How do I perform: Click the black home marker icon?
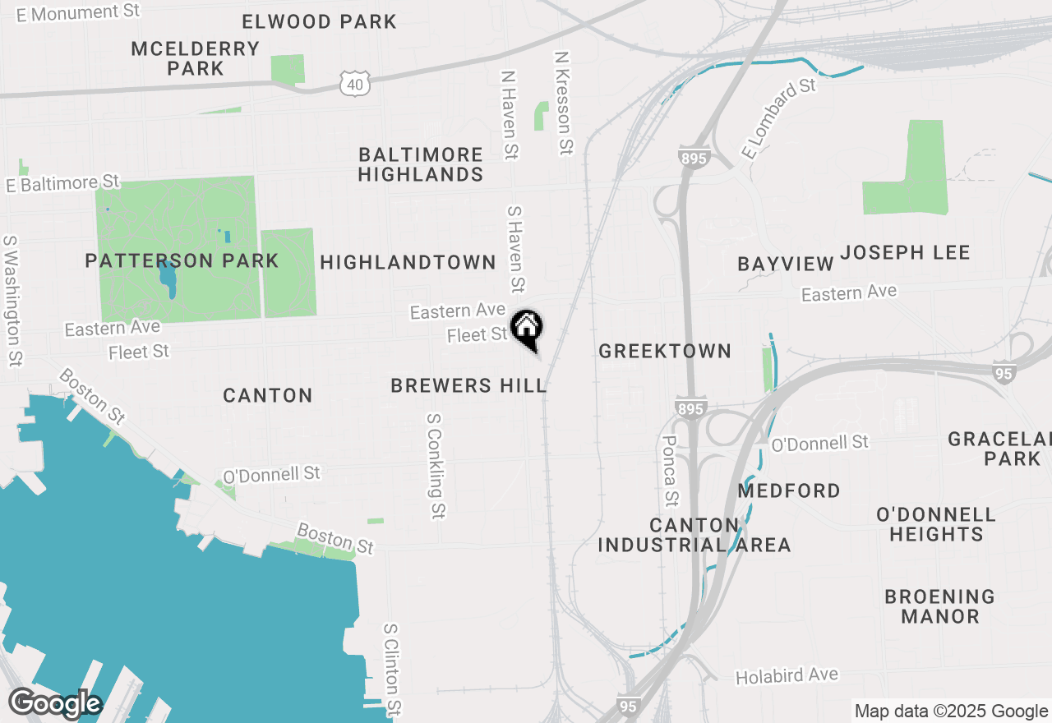[x=526, y=329]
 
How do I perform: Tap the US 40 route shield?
[x=354, y=82]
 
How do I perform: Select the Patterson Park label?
[x=182, y=261]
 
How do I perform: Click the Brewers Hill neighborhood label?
[x=468, y=385]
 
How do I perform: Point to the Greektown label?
[x=665, y=352]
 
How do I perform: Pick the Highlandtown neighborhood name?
[x=408, y=262]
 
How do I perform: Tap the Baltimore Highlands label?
[x=420, y=164]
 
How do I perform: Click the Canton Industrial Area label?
[x=694, y=535]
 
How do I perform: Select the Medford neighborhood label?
[x=789, y=491]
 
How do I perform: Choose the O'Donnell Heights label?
[x=936, y=524]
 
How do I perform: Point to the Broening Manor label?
[x=939, y=606]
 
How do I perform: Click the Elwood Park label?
[x=320, y=21]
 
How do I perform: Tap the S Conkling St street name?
[x=435, y=466]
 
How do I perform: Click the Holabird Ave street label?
[x=787, y=676]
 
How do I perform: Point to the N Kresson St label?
[x=563, y=104]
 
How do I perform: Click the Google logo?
[x=54, y=704]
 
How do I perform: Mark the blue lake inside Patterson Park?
[x=168, y=279]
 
